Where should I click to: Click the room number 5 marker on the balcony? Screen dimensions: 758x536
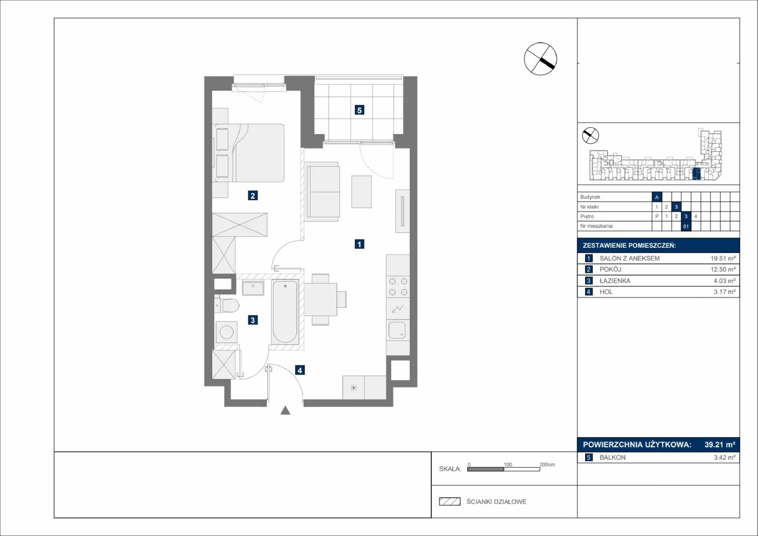coord(360,110)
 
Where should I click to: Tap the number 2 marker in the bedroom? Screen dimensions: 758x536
coord(253,196)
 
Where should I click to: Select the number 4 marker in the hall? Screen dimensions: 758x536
coord(300,370)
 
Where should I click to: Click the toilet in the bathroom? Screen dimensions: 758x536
coord(227,305)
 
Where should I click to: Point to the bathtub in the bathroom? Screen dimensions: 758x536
coord(285,312)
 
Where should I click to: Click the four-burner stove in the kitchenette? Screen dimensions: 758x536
coord(398,286)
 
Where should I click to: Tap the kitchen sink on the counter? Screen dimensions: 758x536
coord(397,330)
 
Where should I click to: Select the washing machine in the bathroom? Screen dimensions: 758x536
coord(226,332)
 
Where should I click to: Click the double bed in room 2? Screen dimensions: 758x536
coord(248,153)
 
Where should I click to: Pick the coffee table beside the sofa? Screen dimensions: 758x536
coord(361,191)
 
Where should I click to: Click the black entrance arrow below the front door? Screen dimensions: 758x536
coord(285,410)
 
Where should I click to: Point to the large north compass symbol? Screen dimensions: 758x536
coord(541,59)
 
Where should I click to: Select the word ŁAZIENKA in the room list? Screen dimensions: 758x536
coord(615,281)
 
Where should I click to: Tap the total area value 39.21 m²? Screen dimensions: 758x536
coord(720,444)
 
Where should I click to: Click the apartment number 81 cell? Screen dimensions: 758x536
coord(686,226)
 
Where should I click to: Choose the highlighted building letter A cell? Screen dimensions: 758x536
coord(657,197)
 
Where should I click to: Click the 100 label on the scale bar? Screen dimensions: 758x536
coord(507,465)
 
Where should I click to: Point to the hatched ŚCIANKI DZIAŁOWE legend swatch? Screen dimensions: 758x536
coord(450,501)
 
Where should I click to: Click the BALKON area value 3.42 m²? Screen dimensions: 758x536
coord(724,457)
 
